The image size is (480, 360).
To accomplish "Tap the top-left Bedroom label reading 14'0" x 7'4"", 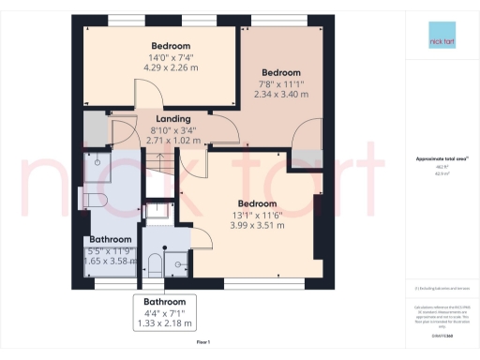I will tap(171, 47).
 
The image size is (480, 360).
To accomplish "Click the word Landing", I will tap(173, 119).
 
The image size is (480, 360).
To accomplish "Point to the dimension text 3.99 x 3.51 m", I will tap(257, 226).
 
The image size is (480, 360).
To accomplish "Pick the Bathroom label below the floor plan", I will tap(164, 302).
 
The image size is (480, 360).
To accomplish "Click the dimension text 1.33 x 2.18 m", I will tap(164, 323).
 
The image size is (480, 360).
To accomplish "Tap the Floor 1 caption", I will tap(202, 343).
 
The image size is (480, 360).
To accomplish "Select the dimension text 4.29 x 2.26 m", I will tap(171, 68).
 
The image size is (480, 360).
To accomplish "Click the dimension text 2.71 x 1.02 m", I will tap(173, 141).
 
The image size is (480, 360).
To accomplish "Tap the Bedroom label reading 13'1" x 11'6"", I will tap(257, 204).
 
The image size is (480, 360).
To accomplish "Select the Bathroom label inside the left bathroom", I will tap(110, 240).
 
